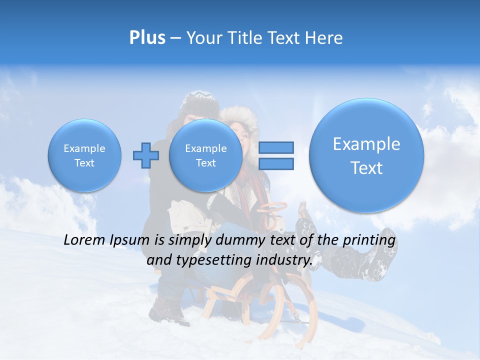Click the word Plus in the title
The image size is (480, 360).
(x=147, y=38)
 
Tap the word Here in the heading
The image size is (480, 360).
(x=325, y=38)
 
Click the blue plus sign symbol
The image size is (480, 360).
(x=145, y=155)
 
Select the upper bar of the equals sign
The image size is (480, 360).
(x=275, y=147)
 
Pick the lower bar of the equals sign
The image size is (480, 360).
(x=275, y=163)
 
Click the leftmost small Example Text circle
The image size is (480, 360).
(x=84, y=155)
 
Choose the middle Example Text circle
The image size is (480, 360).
(x=205, y=155)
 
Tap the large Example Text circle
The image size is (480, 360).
(x=366, y=155)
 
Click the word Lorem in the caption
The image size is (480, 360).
(x=83, y=240)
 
